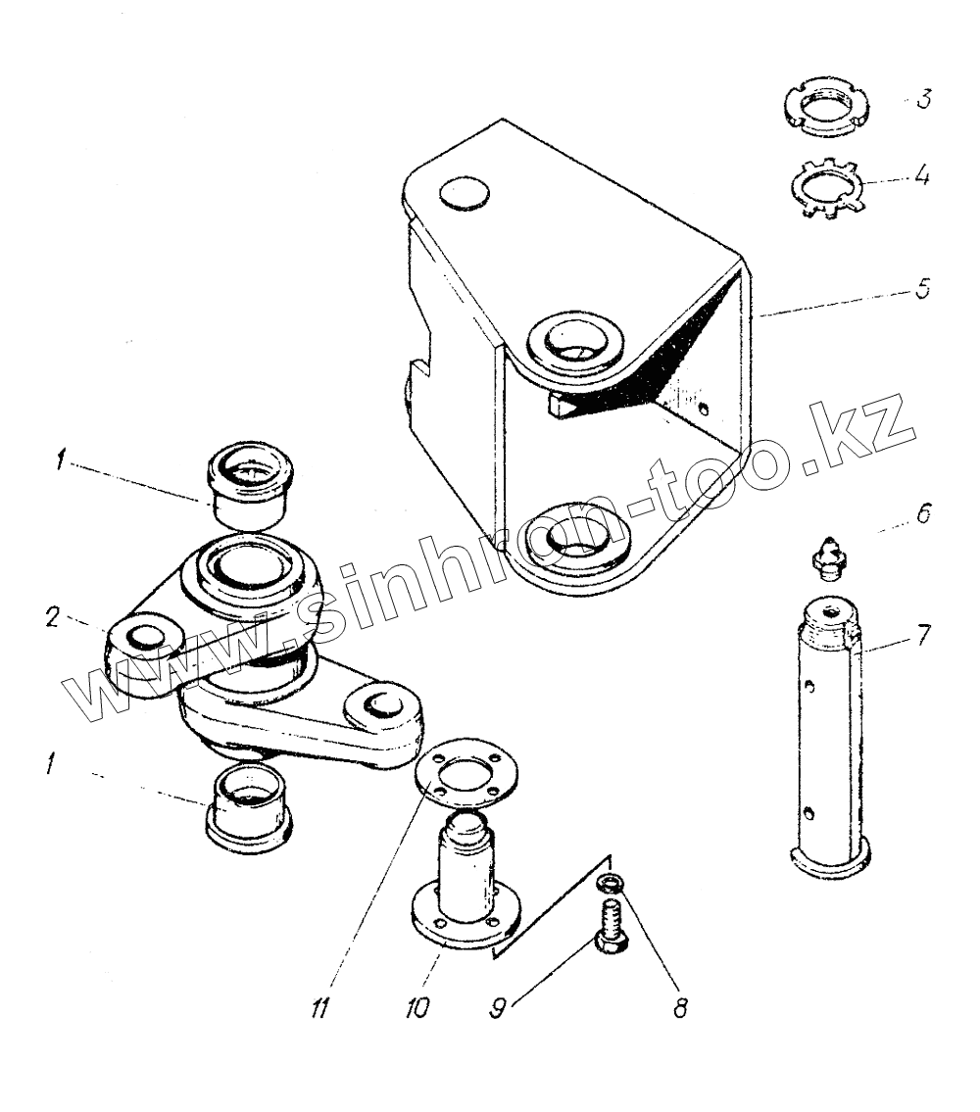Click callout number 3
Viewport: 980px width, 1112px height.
point(923,101)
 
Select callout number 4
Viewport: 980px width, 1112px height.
point(923,180)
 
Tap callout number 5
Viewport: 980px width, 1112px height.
point(922,292)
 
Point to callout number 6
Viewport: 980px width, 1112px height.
point(922,514)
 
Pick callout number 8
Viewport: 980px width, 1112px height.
point(679,1007)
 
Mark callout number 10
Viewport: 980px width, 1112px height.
point(417,1008)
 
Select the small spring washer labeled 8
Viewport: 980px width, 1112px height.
point(609,884)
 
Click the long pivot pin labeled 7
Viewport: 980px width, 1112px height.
point(829,745)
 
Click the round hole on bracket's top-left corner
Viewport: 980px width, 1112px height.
point(464,191)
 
